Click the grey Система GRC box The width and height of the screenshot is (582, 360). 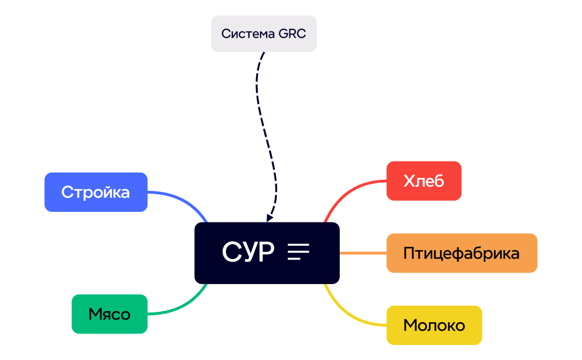pyautogui.click(x=263, y=34)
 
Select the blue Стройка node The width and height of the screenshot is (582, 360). pyautogui.click(x=96, y=192)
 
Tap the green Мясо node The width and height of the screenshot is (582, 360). pyautogui.click(x=109, y=314)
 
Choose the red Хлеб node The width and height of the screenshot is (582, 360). pyautogui.click(x=424, y=181)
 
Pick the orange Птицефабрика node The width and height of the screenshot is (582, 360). pyautogui.click(x=462, y=253)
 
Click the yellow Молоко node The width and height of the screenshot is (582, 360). pyautogui.click(x=434, y=325)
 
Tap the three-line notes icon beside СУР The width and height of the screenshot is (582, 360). pyautogui.click(x=298, y=252)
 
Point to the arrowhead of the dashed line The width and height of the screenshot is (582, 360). pyautogui.click(x=270, y=218)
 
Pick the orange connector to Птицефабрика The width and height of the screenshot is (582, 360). pyautogui.click(x=363, y=253)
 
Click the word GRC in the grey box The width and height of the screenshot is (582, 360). pyautogui.click(x=292, y=34)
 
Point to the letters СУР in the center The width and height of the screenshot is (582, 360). pyautogui.click(x=248, y=252)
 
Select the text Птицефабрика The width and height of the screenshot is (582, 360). pyautogui.click(x=462, y=253)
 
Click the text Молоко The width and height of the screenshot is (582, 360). pyautogui.click(x=434, y=325)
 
